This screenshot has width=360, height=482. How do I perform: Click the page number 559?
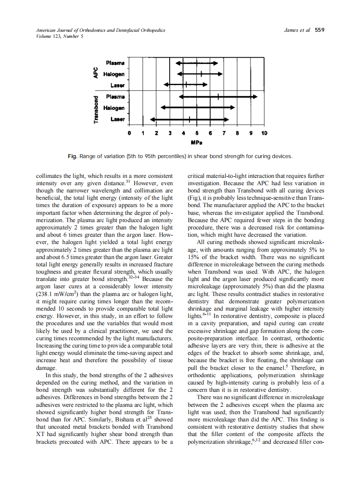point(319,30)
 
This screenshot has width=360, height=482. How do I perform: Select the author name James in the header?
point(292,30)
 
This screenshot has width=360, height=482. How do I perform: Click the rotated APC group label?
point(96,74)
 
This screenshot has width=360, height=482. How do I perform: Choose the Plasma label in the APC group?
point(115,63)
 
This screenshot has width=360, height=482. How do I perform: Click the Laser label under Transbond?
point(117,119)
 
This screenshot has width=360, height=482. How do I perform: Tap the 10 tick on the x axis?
point(264,133)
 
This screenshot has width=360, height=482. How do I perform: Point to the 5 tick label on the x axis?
point(197,133)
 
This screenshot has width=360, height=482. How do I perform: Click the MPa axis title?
point(197,142)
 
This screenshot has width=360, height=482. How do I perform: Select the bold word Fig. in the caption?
point(73,156)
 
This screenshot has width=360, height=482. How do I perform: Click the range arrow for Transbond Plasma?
point(218,97)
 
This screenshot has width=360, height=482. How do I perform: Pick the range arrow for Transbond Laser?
point(189,119)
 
